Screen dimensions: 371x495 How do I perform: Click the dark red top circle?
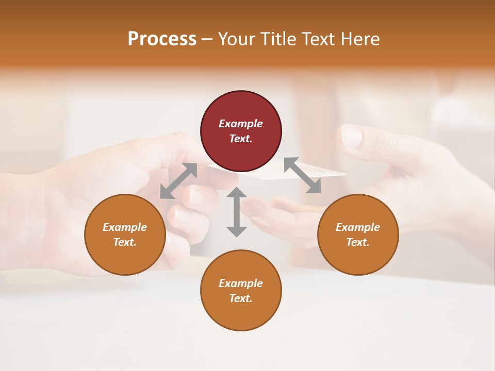point(241,131)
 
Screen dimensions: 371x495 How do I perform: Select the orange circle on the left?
point(125,234)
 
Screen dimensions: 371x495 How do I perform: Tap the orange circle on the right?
point(358,234)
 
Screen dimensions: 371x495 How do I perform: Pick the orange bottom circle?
point(241,291)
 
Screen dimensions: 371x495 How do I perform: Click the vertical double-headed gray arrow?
point(237,212)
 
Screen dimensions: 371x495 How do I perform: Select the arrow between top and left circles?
point(178,181)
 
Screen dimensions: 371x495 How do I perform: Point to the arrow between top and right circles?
point(302,175)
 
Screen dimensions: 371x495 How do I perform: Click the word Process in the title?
point(162,39)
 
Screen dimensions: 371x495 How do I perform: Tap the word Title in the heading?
point(278,39)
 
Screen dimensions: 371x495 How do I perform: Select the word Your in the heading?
point(236,39)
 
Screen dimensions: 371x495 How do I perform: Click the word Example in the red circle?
point(241,124)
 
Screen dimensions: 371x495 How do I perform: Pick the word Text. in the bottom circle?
point(241,298)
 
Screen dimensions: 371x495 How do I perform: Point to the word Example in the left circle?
point(125,227)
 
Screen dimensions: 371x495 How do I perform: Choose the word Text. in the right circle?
point(358,242)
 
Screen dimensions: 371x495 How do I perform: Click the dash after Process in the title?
point(207,39)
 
